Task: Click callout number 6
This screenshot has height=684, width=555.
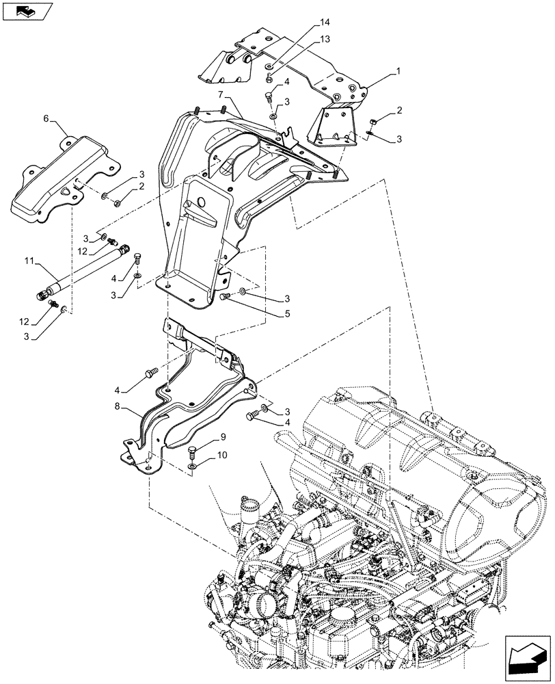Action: (46, 118)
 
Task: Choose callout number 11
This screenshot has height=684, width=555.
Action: (29, 261)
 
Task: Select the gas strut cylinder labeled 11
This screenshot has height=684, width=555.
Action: (82, 275)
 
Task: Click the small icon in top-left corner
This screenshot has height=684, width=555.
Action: (27, 11)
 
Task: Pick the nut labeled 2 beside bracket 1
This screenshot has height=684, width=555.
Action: (373, 122)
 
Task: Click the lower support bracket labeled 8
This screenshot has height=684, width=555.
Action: (191, 404)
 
